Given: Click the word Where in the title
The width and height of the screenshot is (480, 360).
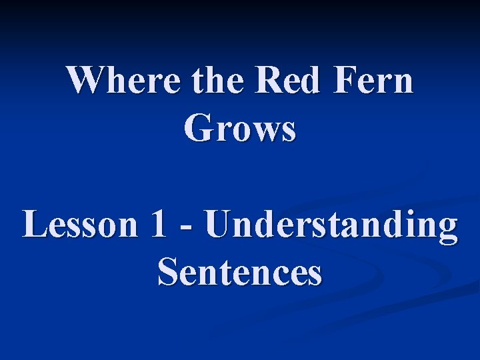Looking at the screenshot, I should coord(123,81).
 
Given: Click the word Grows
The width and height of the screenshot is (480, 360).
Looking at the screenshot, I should coord(240,129).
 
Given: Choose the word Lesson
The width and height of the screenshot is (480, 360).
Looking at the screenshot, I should coord(78,225).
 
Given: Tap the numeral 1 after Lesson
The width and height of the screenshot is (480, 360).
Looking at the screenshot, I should coord(158,225).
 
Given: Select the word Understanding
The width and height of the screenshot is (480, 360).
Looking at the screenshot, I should coord(331,225).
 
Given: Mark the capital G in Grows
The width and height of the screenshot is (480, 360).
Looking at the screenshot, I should coord(199,129).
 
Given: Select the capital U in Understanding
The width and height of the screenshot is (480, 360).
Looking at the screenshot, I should coord(221,225).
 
